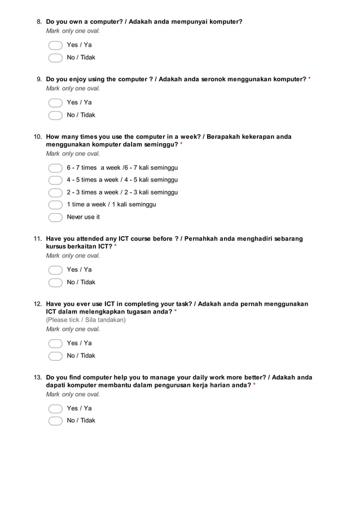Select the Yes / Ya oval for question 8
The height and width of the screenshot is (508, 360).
click(x=55, y=45)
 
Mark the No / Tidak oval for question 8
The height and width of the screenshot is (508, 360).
click(x=55, y=58)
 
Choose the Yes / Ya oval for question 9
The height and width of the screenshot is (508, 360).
click(x=55, y=103)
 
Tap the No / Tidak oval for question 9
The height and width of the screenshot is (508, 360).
click(x=55, y=115)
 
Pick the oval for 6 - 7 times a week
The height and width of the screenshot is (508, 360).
click(x=55, y=168)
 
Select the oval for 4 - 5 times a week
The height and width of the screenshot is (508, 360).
click(x=55, y=180)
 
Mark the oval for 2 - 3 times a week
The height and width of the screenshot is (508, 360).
click(x=55, y=192)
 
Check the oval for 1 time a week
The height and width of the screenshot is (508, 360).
click(x=55, y=205)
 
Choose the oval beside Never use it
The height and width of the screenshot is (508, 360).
click(x=55, y=217)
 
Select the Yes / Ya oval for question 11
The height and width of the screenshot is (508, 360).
click(x=55, y=270)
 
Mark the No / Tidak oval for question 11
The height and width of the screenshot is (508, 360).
click(x=55, y=282)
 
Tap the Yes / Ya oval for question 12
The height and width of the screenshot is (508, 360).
click(x=55, y=343)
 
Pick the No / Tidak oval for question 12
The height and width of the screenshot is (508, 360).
click(x=55, y=356)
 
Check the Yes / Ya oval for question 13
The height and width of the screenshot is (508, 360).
click(x=55, y=409)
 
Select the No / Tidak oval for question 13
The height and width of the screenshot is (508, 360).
click(x=55, y=421)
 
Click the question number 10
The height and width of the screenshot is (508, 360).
click(x=38, y=137)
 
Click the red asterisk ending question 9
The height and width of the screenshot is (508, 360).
click(x=309, y=79)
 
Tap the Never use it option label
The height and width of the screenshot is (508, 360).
click(x=83, y=217)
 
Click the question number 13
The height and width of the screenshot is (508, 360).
click(x=38, y=378)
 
